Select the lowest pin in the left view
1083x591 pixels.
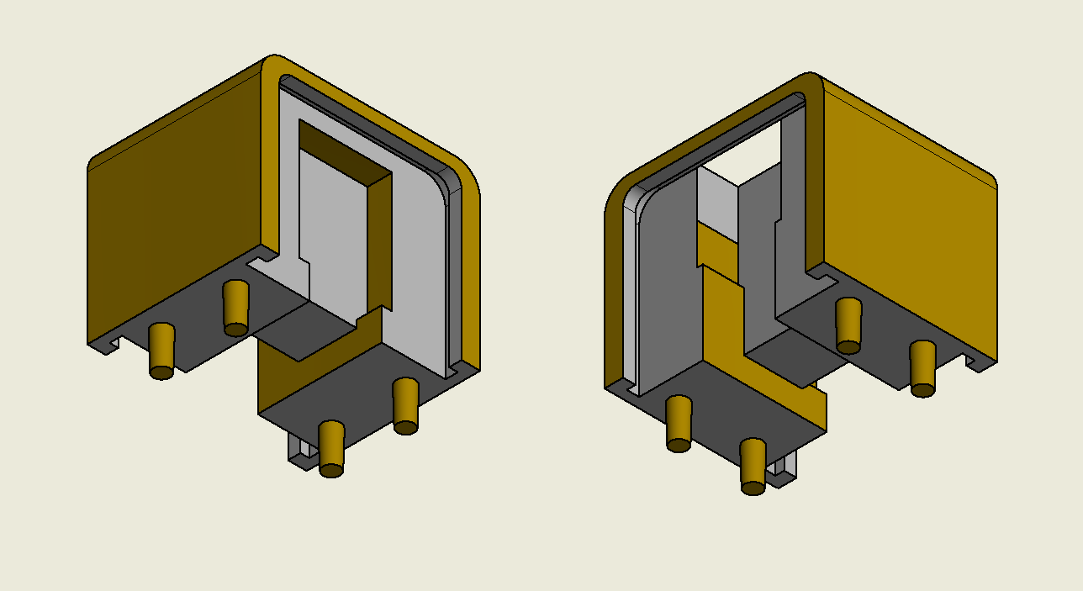pyautogui.click(x=331, y=447)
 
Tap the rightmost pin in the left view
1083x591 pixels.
pyautogui.click(x=405, y=405)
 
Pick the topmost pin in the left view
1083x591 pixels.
pyautogui.click(x=235, y=308)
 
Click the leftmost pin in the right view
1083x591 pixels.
pyautogui.click(x=679, y=423)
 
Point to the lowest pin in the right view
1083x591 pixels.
pyautogui.click(x=753, y=465)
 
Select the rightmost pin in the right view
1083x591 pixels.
pyautogui.click(x=922, y=368)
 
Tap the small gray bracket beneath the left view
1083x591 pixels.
pyautogui.click(x=299, y=450)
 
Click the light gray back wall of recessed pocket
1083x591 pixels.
pyautogui.click(x=332, y=235)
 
